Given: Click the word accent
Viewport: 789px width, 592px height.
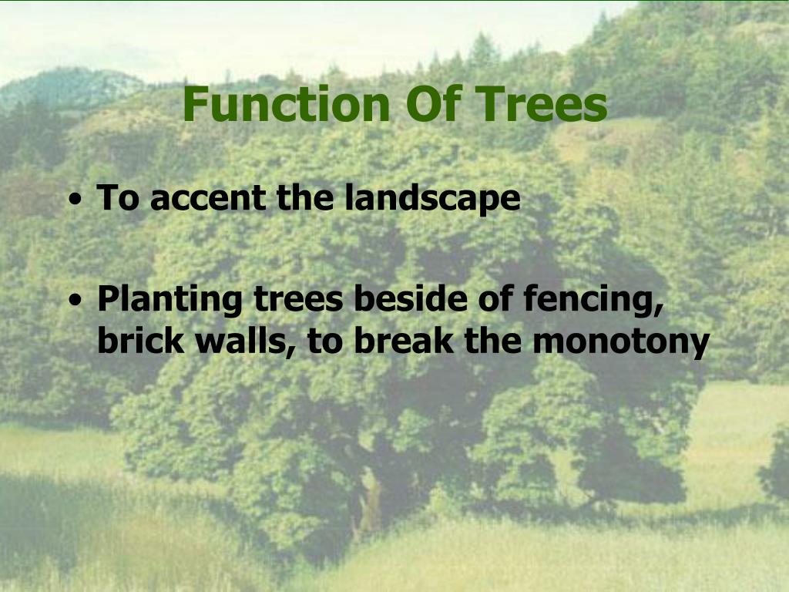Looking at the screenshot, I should (x=209, y=198).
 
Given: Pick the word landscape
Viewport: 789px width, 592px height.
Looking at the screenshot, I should (x=432, y=199).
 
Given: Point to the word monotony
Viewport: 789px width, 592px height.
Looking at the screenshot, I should (x=620, y=341).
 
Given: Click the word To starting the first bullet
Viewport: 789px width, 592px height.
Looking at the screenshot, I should (x=117, y=198).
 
